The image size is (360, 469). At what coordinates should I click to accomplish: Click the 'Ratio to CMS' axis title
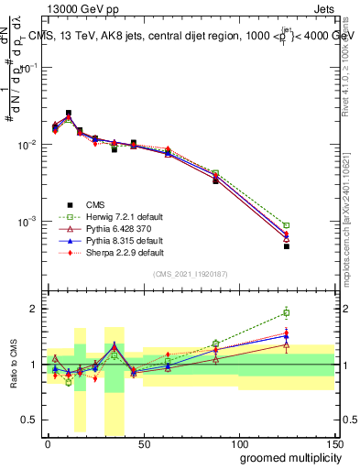point(14,365)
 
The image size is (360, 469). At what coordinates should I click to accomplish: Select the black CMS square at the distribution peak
point(69,114)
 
